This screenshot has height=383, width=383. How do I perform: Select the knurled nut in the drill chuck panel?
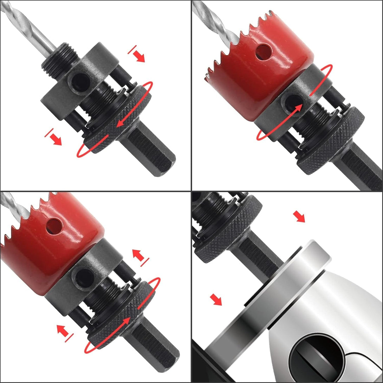coord(228,228)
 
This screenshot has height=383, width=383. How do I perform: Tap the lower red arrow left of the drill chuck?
coord(216,300)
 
